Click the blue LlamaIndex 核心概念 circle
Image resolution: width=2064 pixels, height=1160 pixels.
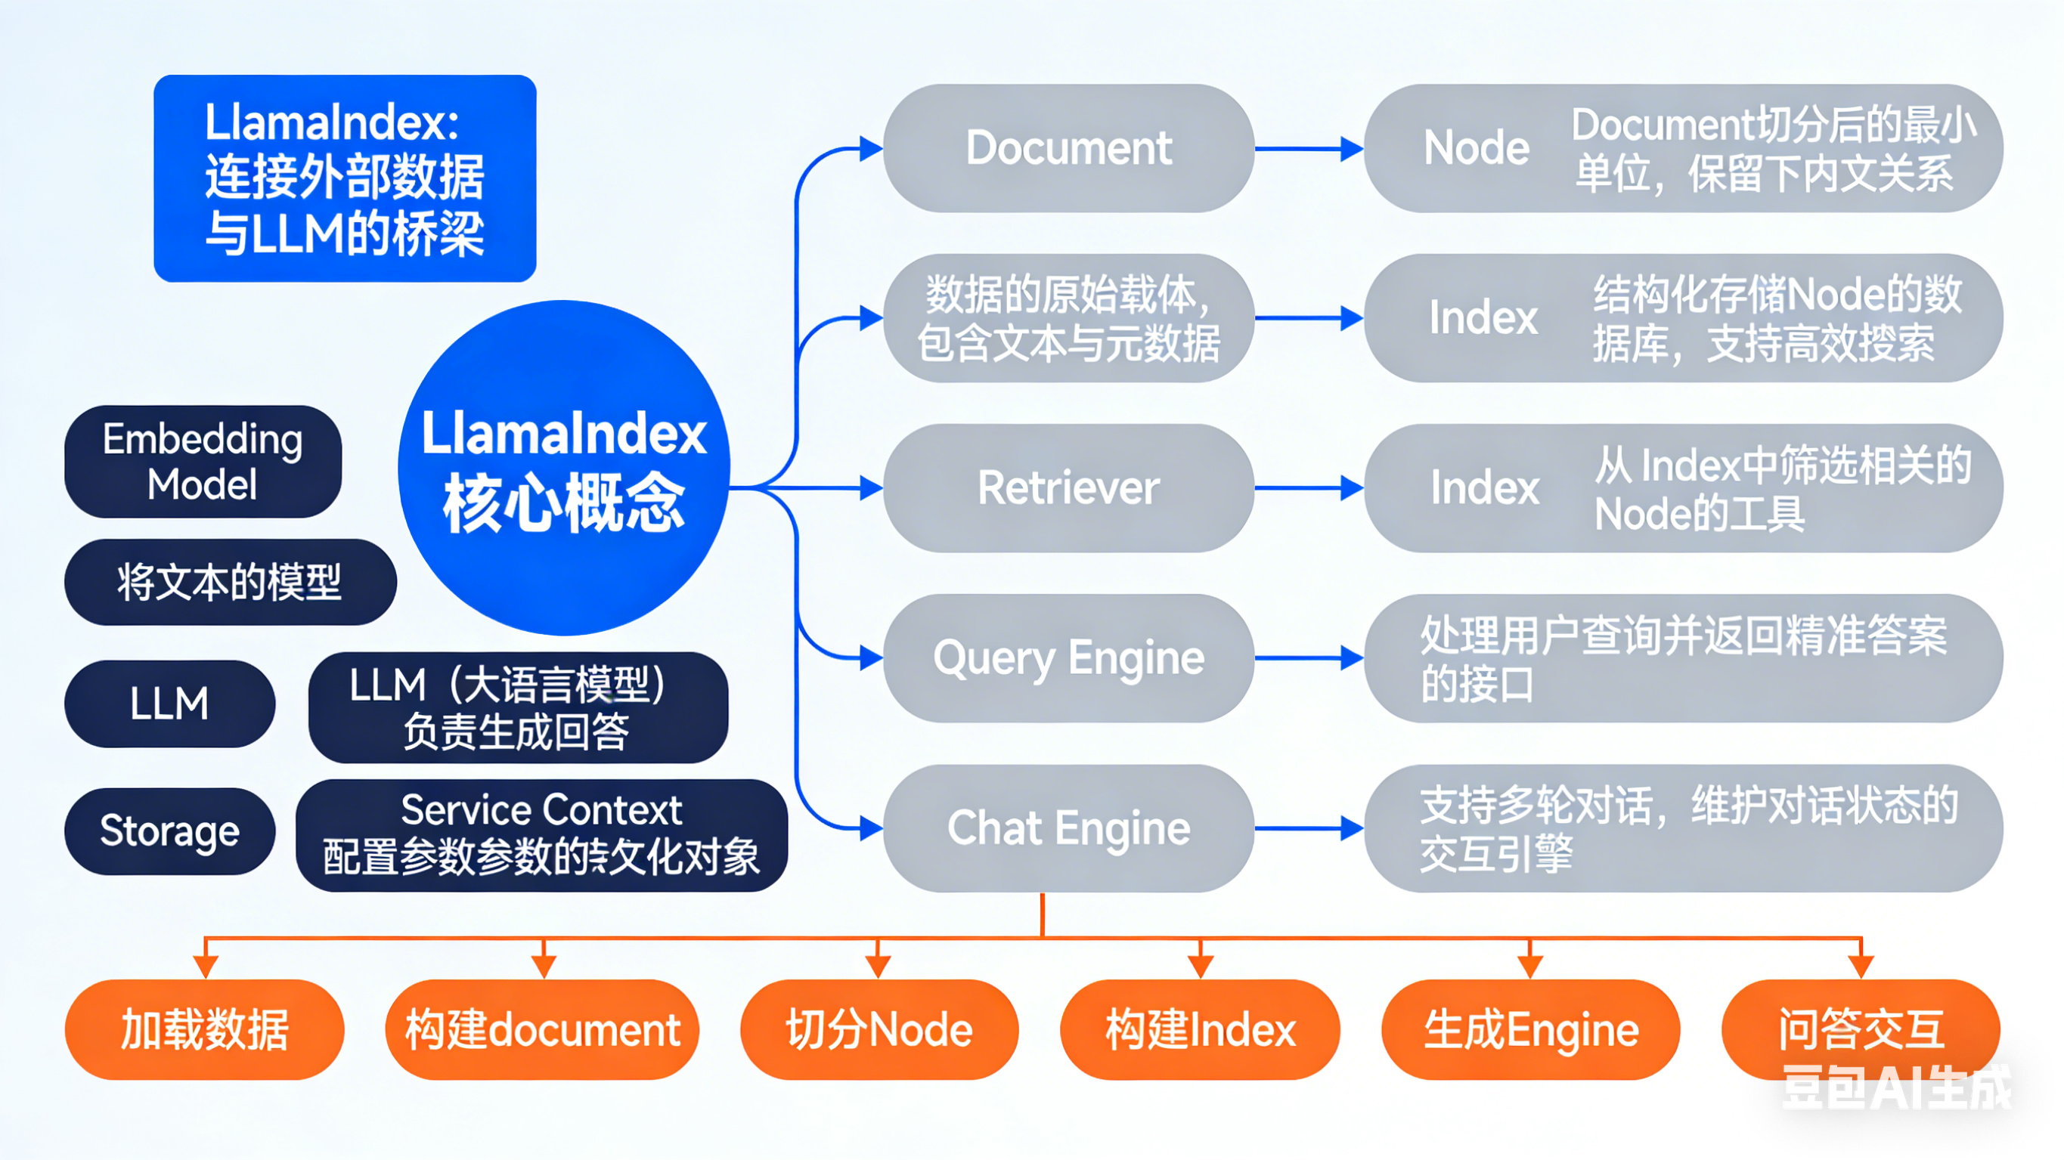(x=563, y=468)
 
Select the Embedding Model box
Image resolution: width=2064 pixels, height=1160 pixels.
(x=203, y=462)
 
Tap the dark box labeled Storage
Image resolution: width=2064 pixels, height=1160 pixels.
(x=169, y=831)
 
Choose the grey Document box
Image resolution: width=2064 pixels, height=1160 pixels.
(x=1068, y=148)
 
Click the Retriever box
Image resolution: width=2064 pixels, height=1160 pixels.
(x=1068, y=488)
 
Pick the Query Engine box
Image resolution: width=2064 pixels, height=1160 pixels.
(x=1068, y=657)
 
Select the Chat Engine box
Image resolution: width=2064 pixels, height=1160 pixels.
(x=1068, y=827)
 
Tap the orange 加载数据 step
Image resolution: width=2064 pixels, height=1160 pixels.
(x=204, y=1029)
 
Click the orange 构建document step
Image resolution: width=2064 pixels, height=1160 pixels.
(x=542, y=1029)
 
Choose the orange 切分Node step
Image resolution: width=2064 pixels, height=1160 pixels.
(x=879, y=1029)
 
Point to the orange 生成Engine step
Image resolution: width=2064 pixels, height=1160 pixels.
(x=1530, y=1029)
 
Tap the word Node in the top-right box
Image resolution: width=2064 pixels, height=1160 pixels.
(x=1476, y=148)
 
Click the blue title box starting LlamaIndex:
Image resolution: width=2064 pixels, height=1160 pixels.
(x=345, y=178)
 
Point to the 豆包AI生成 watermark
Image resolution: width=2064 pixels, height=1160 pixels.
(x=1895, y=1088)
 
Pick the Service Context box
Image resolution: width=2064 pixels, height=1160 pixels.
(x=541, y=835)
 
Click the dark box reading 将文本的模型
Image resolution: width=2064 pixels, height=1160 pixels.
(x=230, y=582)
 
